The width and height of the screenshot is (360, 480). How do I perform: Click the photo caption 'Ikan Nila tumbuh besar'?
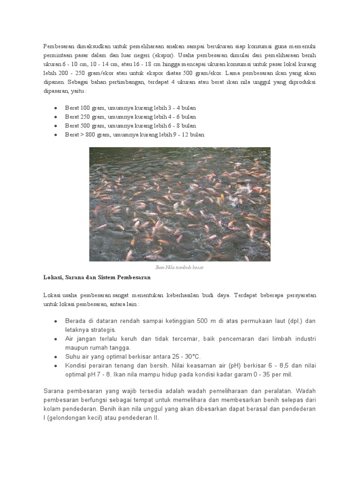click(180, 267)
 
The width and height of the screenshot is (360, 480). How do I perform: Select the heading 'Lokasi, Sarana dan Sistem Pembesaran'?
click(97, 277)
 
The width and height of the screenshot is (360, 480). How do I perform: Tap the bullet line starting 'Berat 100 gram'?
click(130, 108)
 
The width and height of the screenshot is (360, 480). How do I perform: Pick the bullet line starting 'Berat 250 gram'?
click(130, 117)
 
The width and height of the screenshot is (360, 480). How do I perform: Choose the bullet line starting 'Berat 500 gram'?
click(130, 126)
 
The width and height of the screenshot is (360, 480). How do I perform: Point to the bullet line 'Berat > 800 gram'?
click(135, 135)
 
